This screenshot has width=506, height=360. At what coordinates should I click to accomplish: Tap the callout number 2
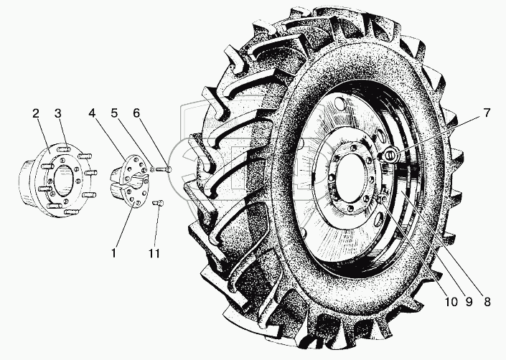(x=35, y=113)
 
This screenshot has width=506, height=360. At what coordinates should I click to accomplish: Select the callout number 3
(x=57, y=113)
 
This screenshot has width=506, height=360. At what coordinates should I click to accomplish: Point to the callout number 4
(x=93, y=113)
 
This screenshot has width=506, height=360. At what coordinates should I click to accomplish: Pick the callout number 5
(x=115, y=113)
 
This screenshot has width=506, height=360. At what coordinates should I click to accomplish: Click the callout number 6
(x=136, y=113)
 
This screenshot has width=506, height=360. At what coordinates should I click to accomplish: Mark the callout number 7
(x=487, y=113)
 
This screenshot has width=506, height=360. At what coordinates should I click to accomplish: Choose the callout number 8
(x=487, y=302)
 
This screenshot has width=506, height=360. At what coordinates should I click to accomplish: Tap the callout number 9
(x=469, y=302)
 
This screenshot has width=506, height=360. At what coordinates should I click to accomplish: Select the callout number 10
(x=451, y=302)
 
